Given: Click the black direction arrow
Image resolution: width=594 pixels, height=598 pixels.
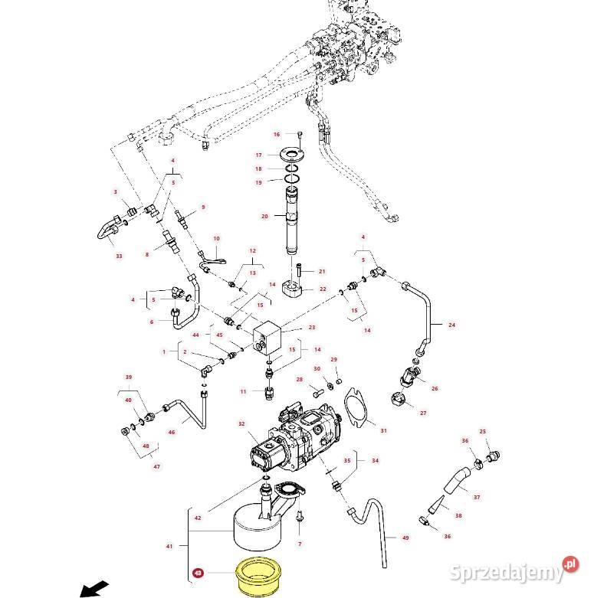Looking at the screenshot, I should (x=94, y=589).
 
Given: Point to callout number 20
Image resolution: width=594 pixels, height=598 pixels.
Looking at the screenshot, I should (x=264, y=217).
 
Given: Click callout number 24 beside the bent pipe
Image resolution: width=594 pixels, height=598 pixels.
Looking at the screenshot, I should (x=451, y=325).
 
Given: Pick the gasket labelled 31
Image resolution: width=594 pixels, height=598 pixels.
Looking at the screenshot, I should (x=358, y=407).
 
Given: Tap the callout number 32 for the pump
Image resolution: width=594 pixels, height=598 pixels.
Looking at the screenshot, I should (x=241, y=423).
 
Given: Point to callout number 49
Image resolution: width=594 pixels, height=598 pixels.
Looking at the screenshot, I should (x=405, y=538).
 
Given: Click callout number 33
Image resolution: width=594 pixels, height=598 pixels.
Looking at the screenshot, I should (x=119, y=256).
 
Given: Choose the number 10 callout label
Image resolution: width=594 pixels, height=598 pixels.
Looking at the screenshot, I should (x=216, y=239).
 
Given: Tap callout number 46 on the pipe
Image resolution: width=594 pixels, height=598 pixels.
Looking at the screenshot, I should (x=172, y=433).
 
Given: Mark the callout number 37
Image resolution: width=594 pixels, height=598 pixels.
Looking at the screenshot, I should (x=477, y=497).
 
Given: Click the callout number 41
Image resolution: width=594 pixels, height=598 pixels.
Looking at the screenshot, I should (x=169, y=546).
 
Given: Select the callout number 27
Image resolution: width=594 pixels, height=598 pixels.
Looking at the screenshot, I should (x=422, y=413).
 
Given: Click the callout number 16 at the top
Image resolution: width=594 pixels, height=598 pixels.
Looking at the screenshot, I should (x=277, y=135).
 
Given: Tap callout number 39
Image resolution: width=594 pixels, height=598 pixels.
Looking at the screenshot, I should (x=129, y=377).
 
